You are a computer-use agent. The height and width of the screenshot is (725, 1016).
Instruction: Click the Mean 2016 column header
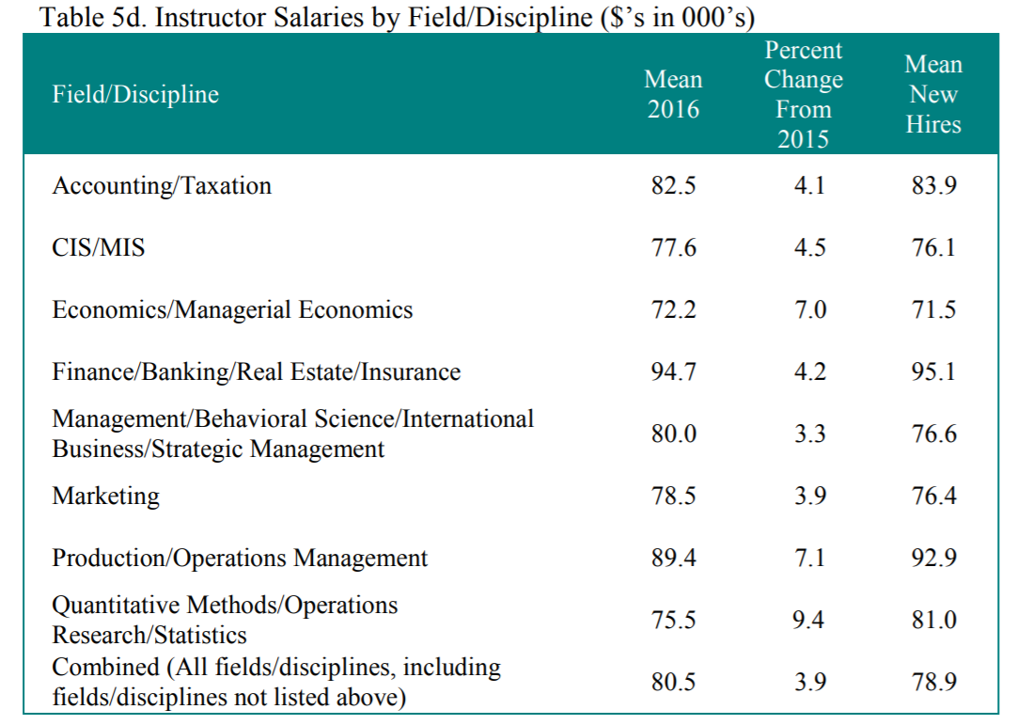click(x=673, y=95)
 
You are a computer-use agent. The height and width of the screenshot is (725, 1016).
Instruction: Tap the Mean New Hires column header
click(x=932, y=95)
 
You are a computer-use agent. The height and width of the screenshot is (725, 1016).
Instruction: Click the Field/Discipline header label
click(x=135, y=95)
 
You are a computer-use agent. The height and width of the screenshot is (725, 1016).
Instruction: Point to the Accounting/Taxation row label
click(x=162, y=186)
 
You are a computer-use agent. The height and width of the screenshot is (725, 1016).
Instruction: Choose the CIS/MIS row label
click(x=99, y=248)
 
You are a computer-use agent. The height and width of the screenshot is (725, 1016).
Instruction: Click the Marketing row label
click(x=105, y=496)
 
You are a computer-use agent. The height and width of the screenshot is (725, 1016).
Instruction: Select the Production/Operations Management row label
click(x=240, y=559)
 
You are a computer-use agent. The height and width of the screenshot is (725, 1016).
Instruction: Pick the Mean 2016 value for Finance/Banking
click(x=673, y=372)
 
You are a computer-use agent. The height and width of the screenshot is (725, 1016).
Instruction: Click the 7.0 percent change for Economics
click(x=809, y=310)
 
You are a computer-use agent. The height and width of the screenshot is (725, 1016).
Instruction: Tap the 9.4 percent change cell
click(x=809, y=621)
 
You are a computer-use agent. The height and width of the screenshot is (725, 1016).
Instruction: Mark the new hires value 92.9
click(x=933, y=559)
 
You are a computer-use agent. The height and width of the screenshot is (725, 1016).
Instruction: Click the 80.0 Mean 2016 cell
click(x=673, y=434)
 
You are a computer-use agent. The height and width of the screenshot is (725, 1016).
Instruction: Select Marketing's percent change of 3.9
click(x=809, y=496)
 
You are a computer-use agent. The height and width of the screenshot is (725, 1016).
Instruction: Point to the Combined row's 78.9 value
click(x=933, y=683)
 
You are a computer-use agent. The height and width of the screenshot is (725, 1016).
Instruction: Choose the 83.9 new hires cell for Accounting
click(x=933, y=186)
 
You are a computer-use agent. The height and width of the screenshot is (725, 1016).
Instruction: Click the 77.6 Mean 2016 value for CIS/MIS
click(x=673, y=248)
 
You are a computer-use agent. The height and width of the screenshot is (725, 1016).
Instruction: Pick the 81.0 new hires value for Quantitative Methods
click(x=933, y=621)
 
